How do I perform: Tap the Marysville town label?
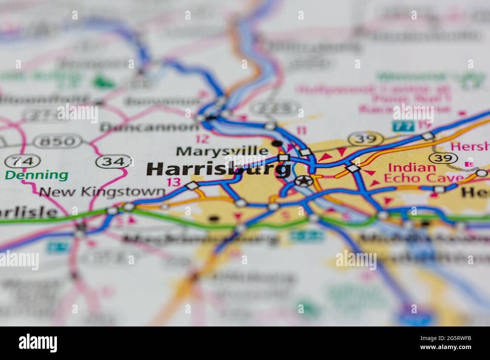point(222,151)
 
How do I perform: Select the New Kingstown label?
point(102,192)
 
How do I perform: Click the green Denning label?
point(37,175)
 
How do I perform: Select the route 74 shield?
point(22,162)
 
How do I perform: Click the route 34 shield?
point(113,162)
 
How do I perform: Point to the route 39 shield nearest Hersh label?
point(445,158)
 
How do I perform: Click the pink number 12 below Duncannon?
point(202,139)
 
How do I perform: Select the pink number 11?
point(302,131)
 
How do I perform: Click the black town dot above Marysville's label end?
point(277,143)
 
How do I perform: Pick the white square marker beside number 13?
point(192,186)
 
